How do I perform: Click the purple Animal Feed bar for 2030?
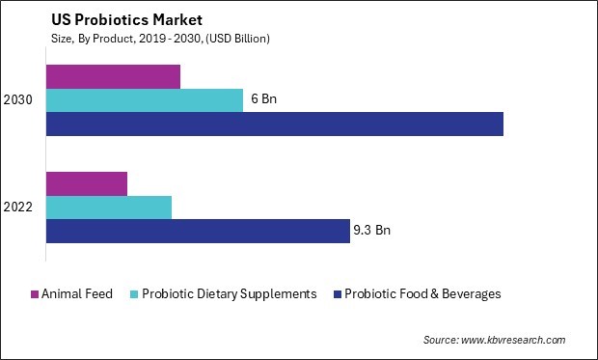click(x=113, y=76)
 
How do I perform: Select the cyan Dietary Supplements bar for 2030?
click(x=145, y=100)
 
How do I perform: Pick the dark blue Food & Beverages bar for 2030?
click(x=275, y=124)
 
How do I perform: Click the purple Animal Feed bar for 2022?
click(x=87, y=183)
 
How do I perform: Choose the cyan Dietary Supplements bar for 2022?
click(x=109, y=208)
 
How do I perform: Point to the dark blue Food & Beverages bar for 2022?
click(x=198, y=231)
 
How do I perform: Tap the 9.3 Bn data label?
click(x=371, y=231)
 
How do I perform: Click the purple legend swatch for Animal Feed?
click(x=36, y=294)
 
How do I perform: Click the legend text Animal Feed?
click(x=78, y=294)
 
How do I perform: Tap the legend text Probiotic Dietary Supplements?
click(x=230, y=294)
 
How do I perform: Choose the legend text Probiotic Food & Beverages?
click(x=422, y=294)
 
